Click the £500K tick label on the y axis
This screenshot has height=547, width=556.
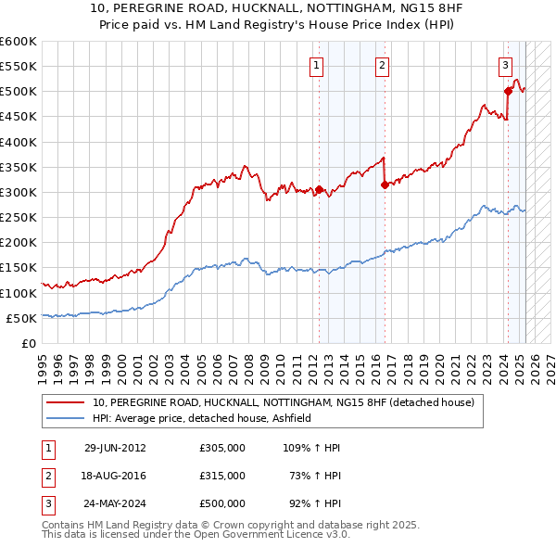(19, 92)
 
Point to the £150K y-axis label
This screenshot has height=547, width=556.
(19, 268)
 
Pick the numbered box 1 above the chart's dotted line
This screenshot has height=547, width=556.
(317, 65)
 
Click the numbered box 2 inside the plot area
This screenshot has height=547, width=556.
(382, 65)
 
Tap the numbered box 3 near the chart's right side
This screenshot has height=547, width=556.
(506, 65)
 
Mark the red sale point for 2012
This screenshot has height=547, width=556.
(319, 190)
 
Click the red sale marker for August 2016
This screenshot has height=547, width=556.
(385, 184)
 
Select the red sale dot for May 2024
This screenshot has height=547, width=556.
(508, 91)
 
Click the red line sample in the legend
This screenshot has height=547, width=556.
(66, 402)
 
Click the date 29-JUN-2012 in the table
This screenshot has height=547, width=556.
(115, 448)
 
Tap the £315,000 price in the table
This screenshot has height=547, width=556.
(222, 476)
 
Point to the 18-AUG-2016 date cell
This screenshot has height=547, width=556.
(115, 476)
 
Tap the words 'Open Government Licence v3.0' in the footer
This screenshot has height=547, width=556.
(273, 536)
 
